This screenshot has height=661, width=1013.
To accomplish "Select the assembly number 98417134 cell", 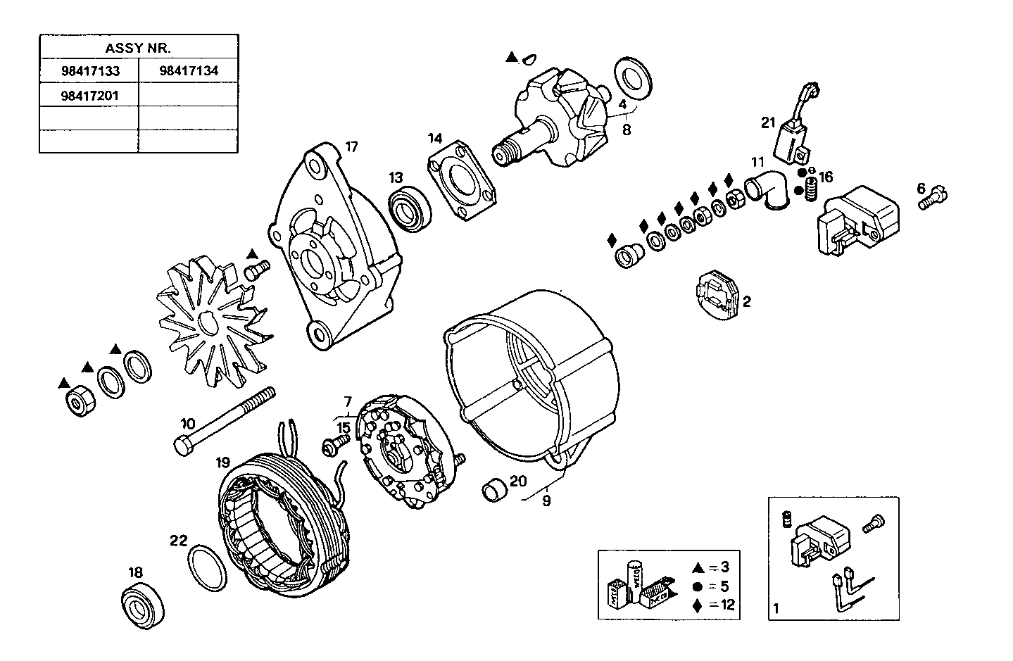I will (x=188, y=70).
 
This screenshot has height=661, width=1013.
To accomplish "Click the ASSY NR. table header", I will (x=138, y=48).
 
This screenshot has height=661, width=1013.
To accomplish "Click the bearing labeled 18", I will (x=143, y=605).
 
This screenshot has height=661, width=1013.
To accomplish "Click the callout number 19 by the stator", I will (x=223, y=463).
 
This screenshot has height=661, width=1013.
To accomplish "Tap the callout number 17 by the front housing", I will (x=351, y=147).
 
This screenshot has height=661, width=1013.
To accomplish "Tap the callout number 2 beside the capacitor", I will (x=747, y=302).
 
